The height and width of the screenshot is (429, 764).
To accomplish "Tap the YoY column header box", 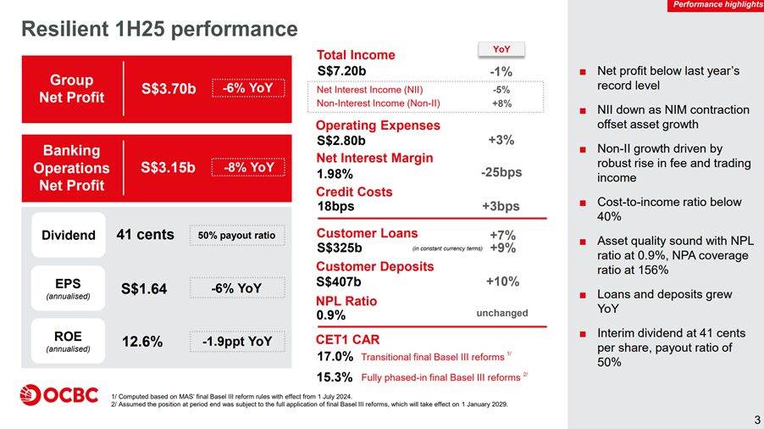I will pos(501,50).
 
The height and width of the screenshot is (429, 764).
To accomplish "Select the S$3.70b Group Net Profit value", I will pos(169,88).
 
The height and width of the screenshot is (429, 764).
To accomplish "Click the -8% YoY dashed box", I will pos(248,167).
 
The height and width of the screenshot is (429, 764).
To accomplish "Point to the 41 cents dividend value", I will pos(145,234).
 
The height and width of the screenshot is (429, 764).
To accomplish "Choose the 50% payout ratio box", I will pos(237,235).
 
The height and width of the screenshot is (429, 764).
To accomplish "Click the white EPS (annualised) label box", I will pos(68,287).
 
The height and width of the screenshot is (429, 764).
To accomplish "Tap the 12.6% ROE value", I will pos(142,342).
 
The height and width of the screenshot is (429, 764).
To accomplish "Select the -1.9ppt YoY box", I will pos(237,342).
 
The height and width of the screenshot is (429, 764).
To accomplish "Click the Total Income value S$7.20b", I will pos(341,70).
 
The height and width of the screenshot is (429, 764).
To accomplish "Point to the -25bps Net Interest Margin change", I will pos(501,172).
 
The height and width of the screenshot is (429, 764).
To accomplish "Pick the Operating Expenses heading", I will pos(378,125).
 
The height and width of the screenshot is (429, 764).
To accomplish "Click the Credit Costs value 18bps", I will pos(335,206).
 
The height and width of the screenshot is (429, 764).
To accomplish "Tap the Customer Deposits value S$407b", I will pos(338,281).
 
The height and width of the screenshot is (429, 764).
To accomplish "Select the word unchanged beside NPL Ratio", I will pos(501,313).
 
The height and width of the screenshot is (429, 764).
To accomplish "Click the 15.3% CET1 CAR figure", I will pos(334,376).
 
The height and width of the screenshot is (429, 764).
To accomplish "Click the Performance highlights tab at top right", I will pos(717,5).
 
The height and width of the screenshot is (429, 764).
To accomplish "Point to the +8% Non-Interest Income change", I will pos(501,103).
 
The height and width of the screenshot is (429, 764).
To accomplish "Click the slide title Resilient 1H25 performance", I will pos(159,29).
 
